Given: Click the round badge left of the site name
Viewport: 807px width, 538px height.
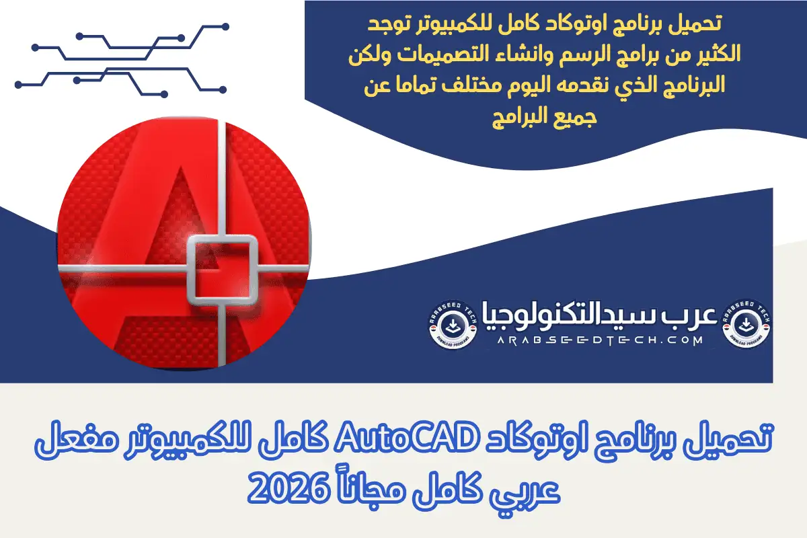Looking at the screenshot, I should (454, 324).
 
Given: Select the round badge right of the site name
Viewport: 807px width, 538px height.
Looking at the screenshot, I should (746, 324).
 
